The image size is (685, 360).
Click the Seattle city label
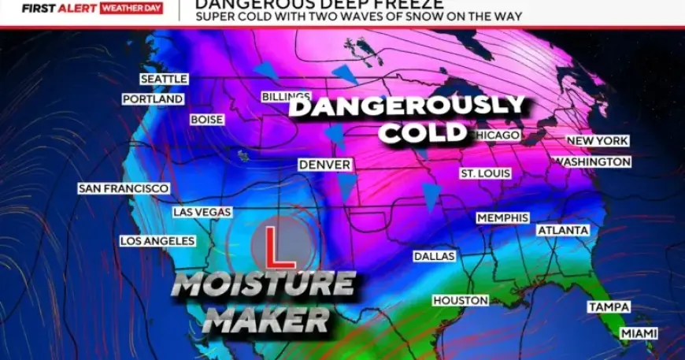164,79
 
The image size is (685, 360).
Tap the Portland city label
153,99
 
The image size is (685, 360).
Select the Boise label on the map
207,120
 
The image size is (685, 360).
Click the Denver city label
324,165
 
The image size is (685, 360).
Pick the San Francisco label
124,188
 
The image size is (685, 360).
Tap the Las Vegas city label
202,212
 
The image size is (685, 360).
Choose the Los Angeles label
157,240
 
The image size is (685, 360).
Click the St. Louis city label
486,173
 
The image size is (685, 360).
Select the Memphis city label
502,217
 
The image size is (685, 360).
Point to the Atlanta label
563,230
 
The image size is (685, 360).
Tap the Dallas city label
435,256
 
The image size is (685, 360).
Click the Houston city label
461,300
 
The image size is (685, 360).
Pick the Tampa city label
607,306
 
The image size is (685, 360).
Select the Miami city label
639,333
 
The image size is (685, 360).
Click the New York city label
598,140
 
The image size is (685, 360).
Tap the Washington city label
593,161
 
